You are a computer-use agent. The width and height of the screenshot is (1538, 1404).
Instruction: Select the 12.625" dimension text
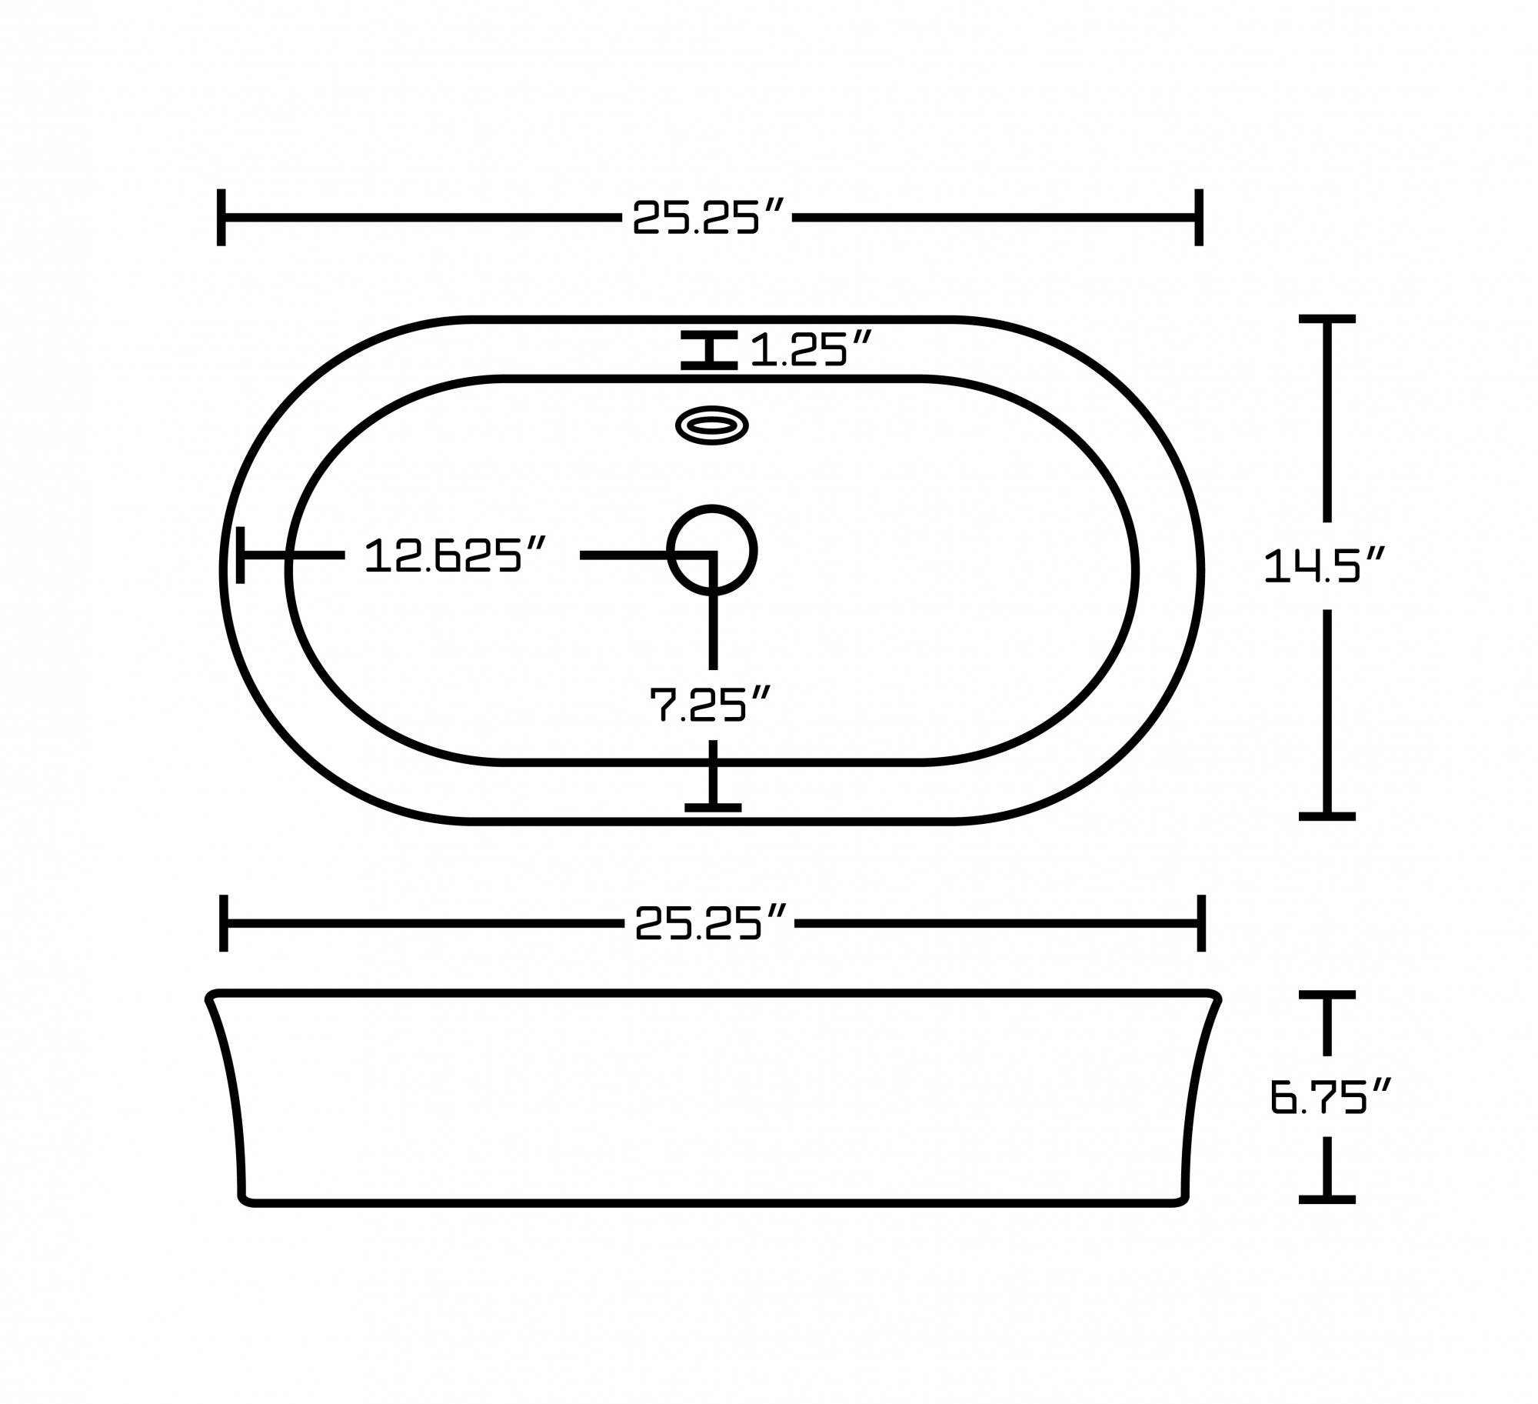pyautogui.click(x=455, y=555)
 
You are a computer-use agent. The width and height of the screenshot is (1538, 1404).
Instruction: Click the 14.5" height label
pyautogui.click(x=1324, y=565)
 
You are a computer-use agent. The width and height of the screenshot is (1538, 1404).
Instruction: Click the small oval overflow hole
pyautogui.click(x=711, y=425)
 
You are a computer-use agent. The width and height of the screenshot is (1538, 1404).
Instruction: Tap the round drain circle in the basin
pyautogui.click(x=711, y=550)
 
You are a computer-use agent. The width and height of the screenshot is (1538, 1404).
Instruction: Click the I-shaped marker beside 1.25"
pyautogui.click(x=708, y=350)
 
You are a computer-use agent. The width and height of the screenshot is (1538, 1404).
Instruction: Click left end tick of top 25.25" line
pyautogui.click(x=221, y=217)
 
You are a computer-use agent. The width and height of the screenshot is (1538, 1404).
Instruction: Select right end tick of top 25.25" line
pyautogui.click(x=1198, y=217)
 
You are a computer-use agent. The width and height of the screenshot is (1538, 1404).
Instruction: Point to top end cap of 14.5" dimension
pyautogui.click(x=1327, y=318)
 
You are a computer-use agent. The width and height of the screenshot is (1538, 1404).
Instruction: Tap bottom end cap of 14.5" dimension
pyautogui.click(x=1327, y=816)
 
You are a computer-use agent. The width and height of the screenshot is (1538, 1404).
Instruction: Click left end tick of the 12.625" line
pyautogui.click(x=241, y=555)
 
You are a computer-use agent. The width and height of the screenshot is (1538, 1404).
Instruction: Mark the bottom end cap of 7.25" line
pyautogui.click(x=713, y=807)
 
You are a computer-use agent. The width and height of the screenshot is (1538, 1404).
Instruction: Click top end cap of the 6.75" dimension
pyautogui.click(x=1327, y=995)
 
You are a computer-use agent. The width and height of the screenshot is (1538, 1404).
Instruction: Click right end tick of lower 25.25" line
pyautogui.click(x=1200, y=923)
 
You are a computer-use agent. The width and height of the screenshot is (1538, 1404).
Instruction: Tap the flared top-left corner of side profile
pyautogui.click(x=212, y=998)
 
